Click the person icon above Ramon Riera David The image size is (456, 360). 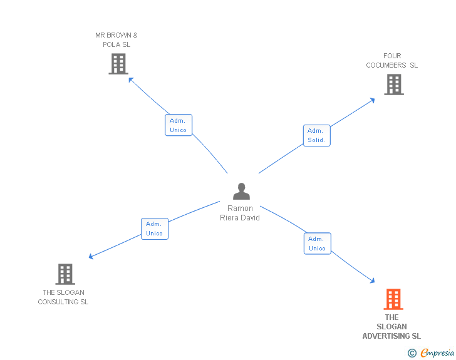click(241, 191)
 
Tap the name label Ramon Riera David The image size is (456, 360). click(240, 213)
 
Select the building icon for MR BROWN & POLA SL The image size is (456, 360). click(118, 64)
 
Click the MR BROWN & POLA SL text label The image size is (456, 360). click(117, 40)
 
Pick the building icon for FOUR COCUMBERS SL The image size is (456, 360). click(393, 85)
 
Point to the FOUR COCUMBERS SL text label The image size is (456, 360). click(392, 61)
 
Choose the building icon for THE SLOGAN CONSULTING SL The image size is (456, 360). click(65, 274)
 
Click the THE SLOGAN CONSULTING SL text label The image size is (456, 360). click(63, 297)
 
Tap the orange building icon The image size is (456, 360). click(393, 299)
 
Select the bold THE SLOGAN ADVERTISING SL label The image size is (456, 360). click(391, 327)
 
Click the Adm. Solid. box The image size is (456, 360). click(316, 136)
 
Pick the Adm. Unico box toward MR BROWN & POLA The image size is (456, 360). click(179, 125)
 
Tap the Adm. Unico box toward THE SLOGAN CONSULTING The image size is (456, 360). click(154, 229)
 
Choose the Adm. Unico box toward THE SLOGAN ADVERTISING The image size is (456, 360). click(317, 244)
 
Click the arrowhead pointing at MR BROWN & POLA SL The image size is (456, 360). click(130, 79)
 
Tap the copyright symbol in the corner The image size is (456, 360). click(412, 353)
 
